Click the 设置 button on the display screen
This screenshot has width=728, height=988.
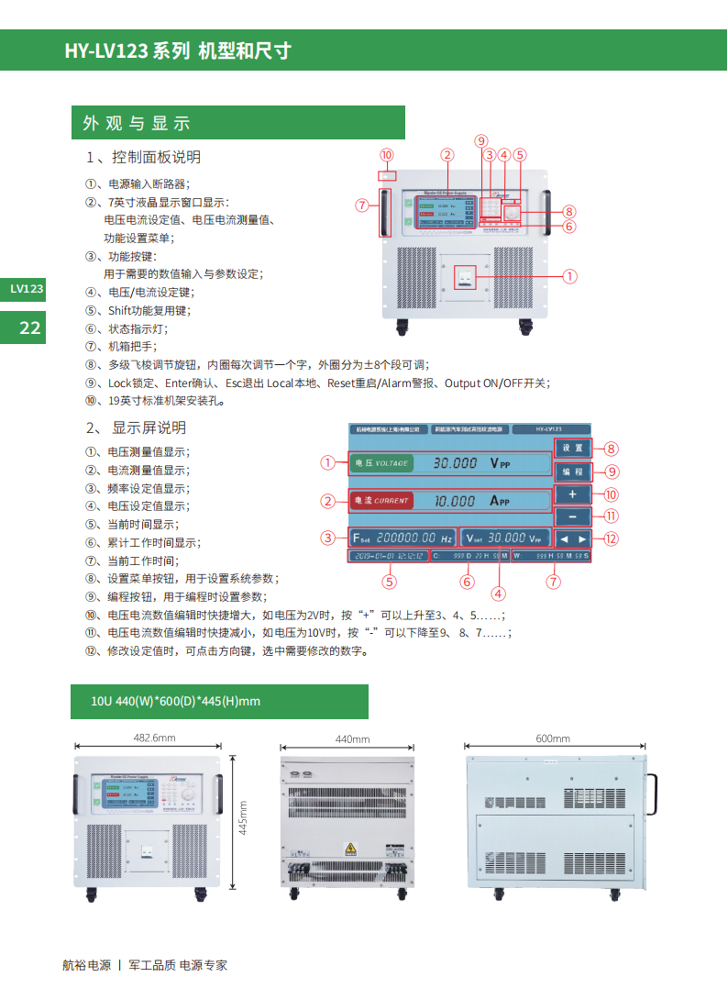573,449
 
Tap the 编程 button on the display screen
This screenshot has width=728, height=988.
573,471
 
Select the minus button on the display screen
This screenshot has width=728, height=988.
573,516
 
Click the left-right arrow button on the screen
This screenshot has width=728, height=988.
573,538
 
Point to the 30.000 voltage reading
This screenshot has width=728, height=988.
456,463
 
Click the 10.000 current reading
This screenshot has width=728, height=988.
455,501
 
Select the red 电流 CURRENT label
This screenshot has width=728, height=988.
381,501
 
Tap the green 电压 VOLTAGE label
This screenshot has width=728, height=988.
381,463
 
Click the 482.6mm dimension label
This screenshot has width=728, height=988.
153,738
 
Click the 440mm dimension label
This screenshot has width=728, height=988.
352,738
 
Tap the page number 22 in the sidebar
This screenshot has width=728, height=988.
30,327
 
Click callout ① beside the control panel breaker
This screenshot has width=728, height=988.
569,274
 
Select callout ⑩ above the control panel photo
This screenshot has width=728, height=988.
386,155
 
